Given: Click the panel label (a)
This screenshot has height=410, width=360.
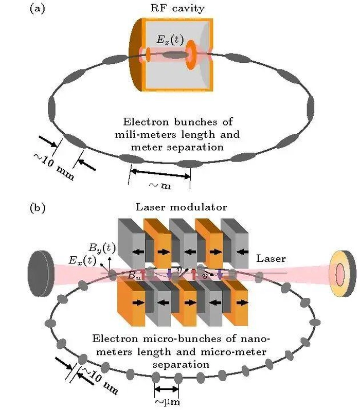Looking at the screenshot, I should (39, 9).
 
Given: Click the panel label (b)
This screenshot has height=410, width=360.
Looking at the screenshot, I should (39, 208).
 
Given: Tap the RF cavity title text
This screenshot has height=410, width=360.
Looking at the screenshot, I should (177, 8).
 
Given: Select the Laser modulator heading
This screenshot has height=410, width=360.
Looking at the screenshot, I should (181, 207).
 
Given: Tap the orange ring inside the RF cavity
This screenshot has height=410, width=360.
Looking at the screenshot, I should (191, 56).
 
